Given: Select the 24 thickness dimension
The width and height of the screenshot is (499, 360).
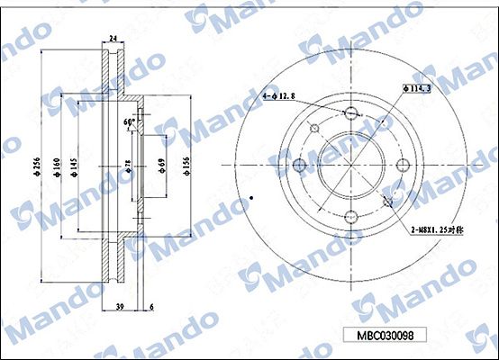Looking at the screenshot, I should (x=113, y=38).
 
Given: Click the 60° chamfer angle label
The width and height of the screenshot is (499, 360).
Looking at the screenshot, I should (x=130, y=121).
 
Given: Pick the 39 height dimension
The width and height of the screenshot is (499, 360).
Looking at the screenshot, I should (x=119, y=308).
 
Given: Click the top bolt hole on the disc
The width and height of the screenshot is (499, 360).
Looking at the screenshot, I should (x=350, y=112).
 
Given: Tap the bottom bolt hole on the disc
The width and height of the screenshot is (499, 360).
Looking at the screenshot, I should (x=350, y=216).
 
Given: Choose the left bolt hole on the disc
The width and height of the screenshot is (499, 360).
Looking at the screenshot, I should (x=299, y=165).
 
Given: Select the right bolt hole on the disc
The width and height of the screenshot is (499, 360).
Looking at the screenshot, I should (x=402, y=165).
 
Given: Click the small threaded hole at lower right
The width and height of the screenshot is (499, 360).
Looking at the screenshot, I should (x=388, y=201).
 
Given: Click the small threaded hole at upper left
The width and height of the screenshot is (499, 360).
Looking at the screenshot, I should (x=314, y=129).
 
